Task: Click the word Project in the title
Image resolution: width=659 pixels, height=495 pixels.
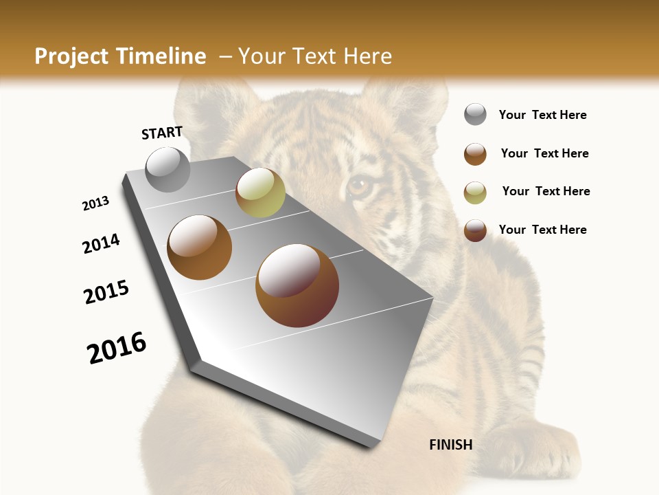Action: (70, 56)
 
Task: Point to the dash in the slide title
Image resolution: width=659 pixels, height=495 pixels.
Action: (224, 56)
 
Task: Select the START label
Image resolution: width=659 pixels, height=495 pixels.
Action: (162, 133)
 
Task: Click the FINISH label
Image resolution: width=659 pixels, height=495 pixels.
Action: (451, 445)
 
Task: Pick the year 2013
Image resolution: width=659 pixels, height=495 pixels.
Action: (95, 203)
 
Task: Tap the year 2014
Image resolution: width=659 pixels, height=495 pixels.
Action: (101, 243)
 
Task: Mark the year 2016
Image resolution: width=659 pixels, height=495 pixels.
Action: (117, 348)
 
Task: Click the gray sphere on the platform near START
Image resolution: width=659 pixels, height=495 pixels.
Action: (167, 169)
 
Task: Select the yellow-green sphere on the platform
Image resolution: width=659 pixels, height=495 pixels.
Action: (260, 192)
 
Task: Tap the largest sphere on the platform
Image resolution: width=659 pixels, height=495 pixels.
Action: (297, 285)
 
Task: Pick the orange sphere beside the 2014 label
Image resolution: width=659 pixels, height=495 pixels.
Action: (199, 247)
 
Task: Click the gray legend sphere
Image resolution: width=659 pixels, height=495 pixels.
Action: (475, 114)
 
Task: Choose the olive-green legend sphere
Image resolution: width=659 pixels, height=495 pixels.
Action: (475, 192)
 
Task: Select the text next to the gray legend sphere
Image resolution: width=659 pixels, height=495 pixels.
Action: (542, 115)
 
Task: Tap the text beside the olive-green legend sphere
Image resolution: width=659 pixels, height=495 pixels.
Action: (546, 191)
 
